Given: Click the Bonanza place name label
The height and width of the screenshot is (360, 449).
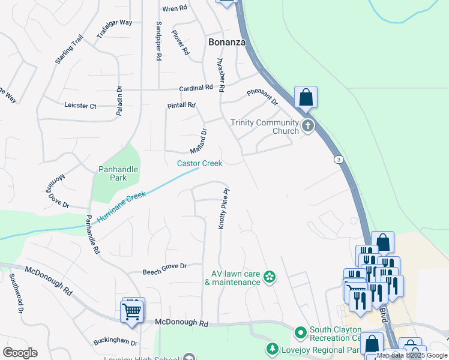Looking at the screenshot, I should tap(228, 42).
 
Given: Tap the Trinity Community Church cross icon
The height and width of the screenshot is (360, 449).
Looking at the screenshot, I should tap(308, 126).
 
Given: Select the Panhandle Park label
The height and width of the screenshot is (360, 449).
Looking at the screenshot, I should tap(118, 173).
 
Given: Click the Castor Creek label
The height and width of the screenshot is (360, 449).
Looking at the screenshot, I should tap(199, 163).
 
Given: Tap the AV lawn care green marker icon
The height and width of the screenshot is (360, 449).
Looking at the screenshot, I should tap(270, 277).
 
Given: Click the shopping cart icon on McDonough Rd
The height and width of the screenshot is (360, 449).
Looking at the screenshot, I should tap(132, 311).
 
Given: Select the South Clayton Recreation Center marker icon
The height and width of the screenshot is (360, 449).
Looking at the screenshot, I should tap(301, 331).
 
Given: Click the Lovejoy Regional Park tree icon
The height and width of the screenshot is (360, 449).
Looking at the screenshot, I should tap(272, 349).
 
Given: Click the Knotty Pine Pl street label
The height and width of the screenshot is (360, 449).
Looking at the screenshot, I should tap(223, 209).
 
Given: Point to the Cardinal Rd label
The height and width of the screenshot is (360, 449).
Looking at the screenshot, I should tap(196, 88).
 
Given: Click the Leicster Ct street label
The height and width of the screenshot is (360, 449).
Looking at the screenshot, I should tap(80, 106).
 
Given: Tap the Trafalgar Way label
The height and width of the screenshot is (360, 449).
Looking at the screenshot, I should tap(114, 29).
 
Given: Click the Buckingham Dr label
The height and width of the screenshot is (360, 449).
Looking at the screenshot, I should tap(115, 343).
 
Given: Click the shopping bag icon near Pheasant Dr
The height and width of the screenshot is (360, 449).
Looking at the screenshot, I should tap(306, 98).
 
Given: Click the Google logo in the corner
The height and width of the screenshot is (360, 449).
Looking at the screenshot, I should tap(20, 353).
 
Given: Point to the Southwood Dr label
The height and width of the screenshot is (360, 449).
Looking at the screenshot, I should tap(15, 294).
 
